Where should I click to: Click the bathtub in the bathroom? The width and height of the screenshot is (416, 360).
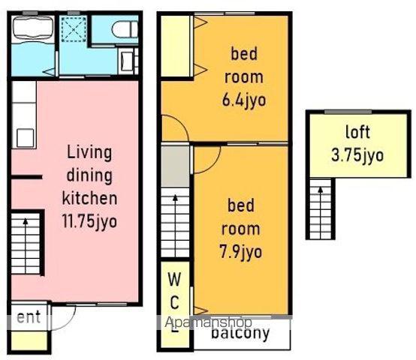click(x=33, y=28)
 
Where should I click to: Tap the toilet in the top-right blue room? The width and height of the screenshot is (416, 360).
click(x=125, y=29)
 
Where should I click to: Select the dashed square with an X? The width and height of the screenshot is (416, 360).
click(x=74, y=29)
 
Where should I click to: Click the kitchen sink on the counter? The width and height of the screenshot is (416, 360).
click(x=26, y=137)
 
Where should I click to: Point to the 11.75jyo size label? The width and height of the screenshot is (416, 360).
click(x=89, y=221)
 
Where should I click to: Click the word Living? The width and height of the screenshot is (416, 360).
click(x=89, y=153)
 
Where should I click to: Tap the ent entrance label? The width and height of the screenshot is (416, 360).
click(x=29, y=317)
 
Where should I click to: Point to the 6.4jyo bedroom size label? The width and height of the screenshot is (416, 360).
click(x=244, y=100)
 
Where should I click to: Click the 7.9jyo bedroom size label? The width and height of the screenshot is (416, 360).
click(x=241, y=252)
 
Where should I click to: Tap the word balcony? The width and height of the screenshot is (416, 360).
click(x=240, y=333)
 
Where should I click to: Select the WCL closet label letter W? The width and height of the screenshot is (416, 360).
click(x=174, y=279)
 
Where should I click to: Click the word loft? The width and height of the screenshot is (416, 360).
click(x=357, y=132)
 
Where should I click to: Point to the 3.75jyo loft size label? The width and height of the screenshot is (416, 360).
click(x=357, y=155)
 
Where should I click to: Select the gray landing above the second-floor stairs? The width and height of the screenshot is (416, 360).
click(x=175, y=166)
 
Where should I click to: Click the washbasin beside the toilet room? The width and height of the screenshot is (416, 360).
click(x=127, y=61)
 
